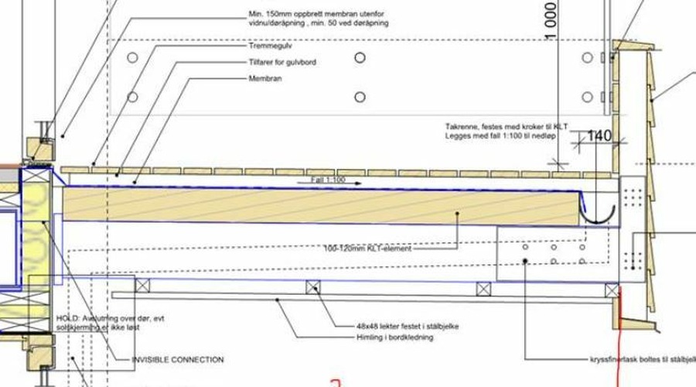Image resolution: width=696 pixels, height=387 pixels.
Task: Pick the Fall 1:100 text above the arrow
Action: (329, 179)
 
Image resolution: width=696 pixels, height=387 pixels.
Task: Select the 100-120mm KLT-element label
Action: (368, 249)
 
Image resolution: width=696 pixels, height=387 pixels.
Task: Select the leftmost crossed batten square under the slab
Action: (142, 285)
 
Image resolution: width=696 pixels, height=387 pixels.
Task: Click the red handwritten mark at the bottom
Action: (334, 382)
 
